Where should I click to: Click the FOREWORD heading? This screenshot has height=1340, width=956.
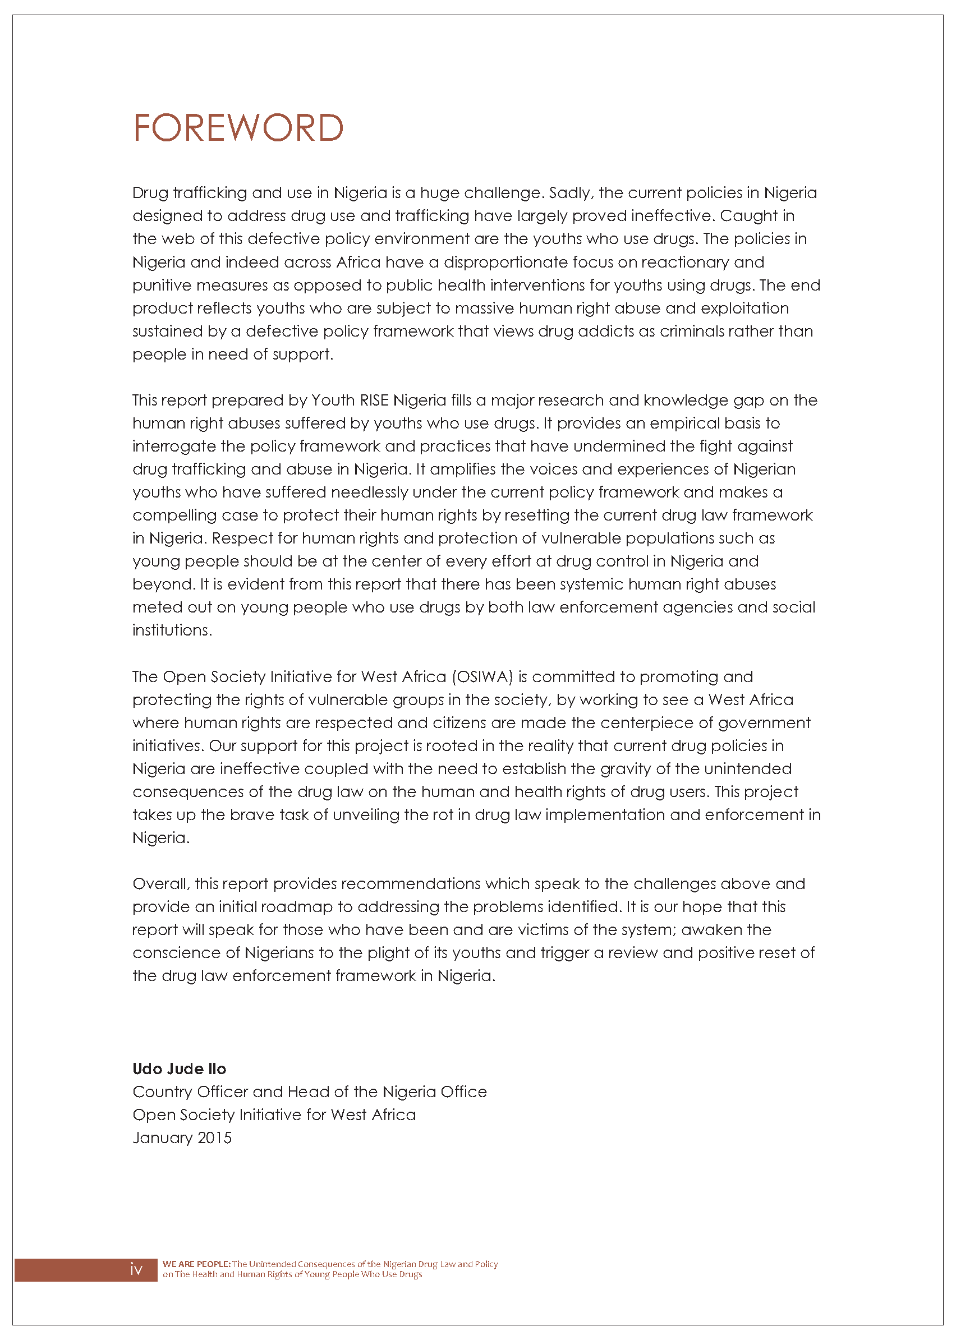238,128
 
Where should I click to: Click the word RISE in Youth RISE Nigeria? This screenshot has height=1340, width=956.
374,400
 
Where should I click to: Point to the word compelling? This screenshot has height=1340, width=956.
175,516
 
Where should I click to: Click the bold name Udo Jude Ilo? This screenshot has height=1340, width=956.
179,1069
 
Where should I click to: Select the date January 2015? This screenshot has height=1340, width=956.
182,1138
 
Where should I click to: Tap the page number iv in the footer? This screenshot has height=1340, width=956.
136,1270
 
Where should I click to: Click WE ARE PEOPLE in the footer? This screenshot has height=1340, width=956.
196,1264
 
